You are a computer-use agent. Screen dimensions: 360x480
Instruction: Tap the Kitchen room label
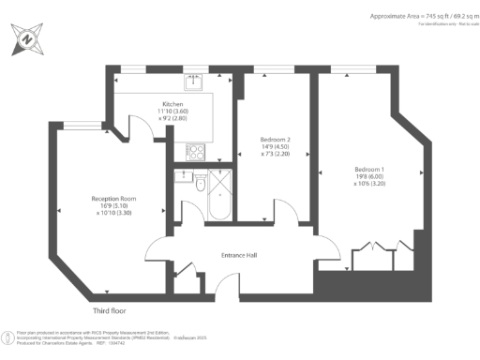point(172,104)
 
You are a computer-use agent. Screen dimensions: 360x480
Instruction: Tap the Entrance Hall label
point(238,255)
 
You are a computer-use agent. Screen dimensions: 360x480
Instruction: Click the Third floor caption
point(109,310)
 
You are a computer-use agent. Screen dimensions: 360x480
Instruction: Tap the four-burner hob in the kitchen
point(195,150)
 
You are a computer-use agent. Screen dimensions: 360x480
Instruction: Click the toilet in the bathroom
point(202,184)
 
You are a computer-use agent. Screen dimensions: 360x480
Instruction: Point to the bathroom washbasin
point(183,175)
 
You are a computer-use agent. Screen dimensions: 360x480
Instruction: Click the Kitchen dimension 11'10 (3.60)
point(172,112)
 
